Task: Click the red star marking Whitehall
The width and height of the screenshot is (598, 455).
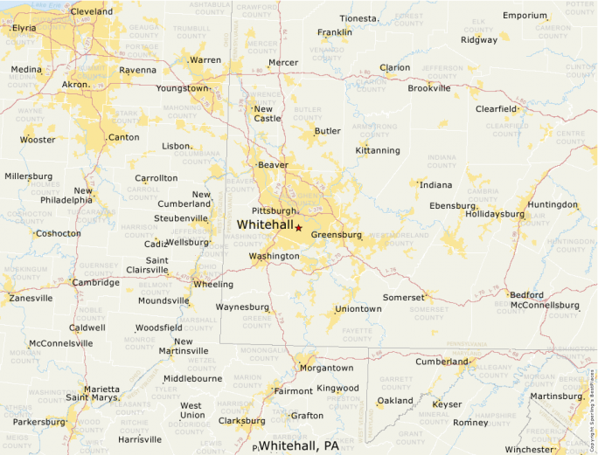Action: coord(298,227)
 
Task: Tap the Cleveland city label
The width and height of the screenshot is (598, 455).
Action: coord(91,12)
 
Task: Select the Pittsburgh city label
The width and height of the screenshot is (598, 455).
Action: coord(274,211)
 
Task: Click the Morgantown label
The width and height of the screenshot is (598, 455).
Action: coord(326,369)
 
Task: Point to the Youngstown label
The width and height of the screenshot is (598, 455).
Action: coord(182,88)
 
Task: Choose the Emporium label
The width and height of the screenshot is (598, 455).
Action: coord(525,16)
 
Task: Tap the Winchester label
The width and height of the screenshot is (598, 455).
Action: coord(529,450)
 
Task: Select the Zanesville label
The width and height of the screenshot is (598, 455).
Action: coord(31,298)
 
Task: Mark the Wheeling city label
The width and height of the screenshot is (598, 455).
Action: coord(213,285)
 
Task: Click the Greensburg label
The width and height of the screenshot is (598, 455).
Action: coord(336,235)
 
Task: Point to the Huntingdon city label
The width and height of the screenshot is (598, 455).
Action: coord(553,205)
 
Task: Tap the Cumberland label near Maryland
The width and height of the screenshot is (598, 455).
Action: coord(442,362)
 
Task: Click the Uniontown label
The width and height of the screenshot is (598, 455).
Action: coord(358,309)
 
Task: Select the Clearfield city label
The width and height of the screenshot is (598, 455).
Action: coord(496,109)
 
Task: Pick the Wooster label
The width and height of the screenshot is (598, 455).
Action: coord(38,140)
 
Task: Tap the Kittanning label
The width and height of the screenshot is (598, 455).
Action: coord(378,150)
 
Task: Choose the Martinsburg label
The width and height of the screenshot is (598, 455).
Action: coord(555,397)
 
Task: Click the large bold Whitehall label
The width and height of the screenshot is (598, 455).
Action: coord(265,224)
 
